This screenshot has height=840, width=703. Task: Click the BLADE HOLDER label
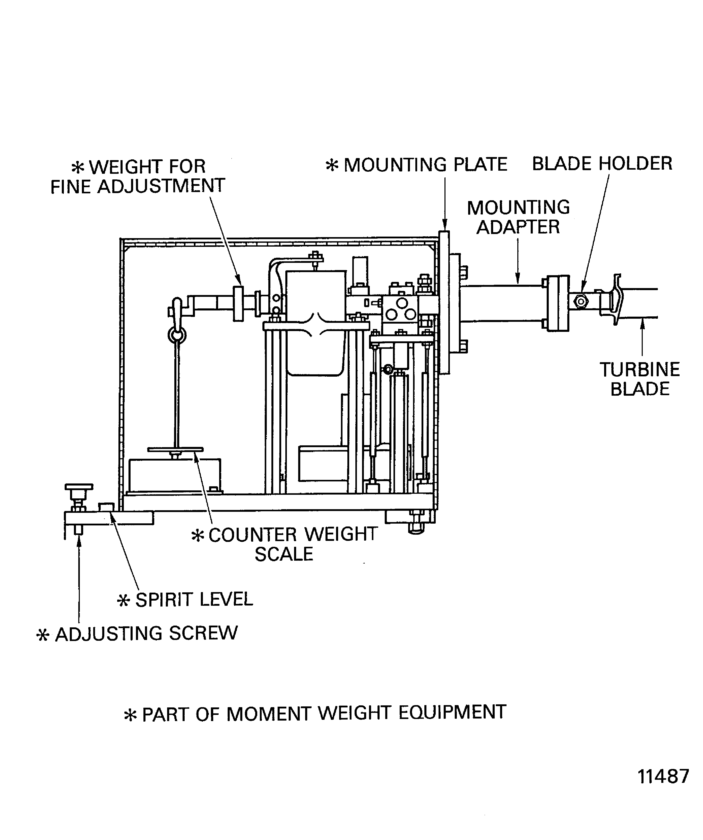pyautogui.click(x=602, y=164)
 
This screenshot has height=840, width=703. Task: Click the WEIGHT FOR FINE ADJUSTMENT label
pyautogui.click(x=138, y=176)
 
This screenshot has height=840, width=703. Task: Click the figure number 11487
pyautogui.click(x=663, y=787)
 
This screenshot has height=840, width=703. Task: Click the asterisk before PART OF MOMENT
pyautogui.click(x=131, y=715)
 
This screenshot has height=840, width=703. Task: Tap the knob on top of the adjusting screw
pyautogui.click(x=79, y=487)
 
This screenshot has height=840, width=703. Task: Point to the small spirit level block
pyautogui.click(x=106, y=507)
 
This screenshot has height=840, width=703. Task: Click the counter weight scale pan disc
pyautogui.click(x=175, y=449)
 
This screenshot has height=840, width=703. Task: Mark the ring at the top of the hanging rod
pyautogui.click(x=176, y=335)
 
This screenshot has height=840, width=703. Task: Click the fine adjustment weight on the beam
pyautogui.click(x=238, y=303)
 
